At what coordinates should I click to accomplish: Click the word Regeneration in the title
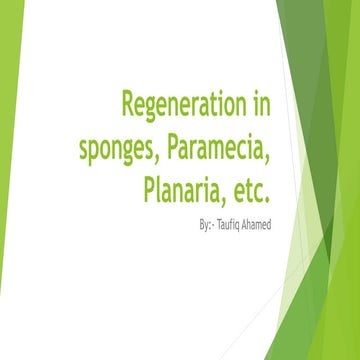(x=185, y=104)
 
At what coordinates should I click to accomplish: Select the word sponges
(x=118, y=146)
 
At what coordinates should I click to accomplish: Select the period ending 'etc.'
(x=268, y=196)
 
